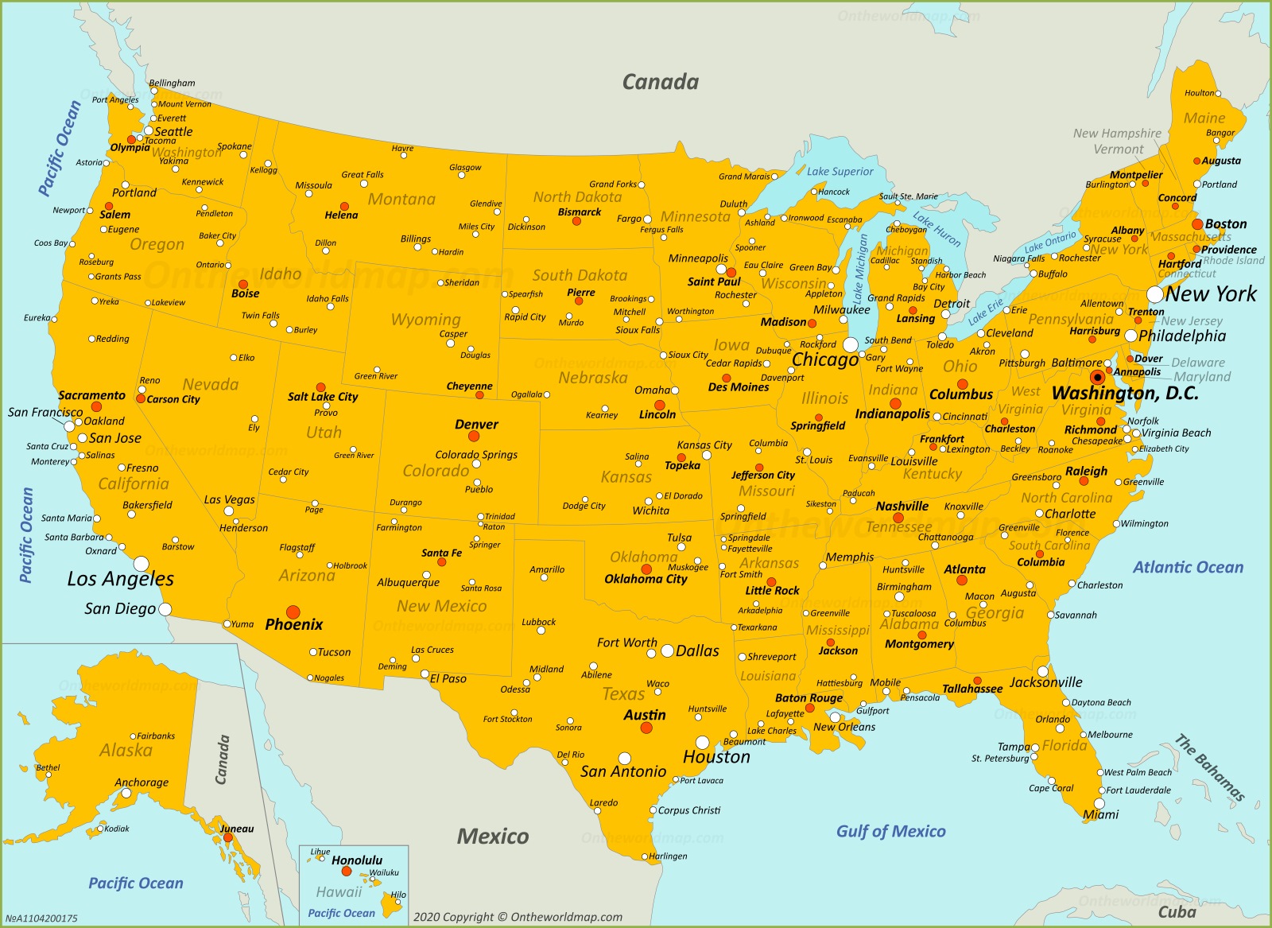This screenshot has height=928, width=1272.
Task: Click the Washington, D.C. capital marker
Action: click(1098, 377)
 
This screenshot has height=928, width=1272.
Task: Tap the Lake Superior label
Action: click(840, 171)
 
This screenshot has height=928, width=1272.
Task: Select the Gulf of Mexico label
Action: click(890, 831)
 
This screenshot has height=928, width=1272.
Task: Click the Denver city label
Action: click(476, 425)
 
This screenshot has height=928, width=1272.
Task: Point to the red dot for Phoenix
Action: click(293, 612)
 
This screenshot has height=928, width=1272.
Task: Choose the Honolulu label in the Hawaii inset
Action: click(357, 860)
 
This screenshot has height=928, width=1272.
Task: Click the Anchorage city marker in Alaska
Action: click(126, 792)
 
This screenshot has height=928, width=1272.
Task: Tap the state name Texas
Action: click(623, 693)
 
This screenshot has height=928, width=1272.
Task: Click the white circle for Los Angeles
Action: click(141, 564)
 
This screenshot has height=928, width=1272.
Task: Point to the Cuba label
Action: click(1177, 911)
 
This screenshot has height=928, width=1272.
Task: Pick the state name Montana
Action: click(401, 199)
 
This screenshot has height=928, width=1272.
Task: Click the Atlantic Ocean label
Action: click(1188, 567)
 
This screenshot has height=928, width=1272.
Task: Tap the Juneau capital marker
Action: click(227, 837)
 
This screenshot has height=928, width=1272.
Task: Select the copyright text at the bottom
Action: click(518, 917)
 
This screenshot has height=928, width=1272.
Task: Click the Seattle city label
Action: click(173, 132)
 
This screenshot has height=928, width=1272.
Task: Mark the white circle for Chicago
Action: click(851, 345)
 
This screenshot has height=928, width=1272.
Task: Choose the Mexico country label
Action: click(493, 836)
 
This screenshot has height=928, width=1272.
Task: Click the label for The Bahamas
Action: click(1210, 767)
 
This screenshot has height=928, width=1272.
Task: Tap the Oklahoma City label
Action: click(646, 579)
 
